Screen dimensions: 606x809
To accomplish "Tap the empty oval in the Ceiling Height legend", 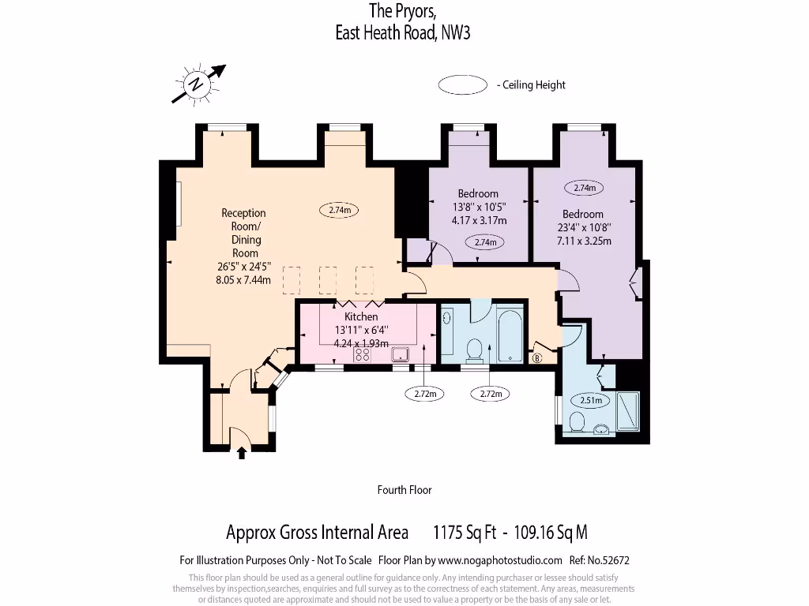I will pyautogui.click(x=462, y=85).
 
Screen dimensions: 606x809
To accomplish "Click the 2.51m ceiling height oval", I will pyautogui.click(x=591, y=400).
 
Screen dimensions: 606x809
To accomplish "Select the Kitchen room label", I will pyautogui.click(x=361, y=316).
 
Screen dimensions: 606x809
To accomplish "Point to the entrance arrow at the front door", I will pyautogui.click(x=242, y=451).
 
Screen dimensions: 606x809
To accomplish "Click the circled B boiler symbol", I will pyautogui.click(x=538, y=359).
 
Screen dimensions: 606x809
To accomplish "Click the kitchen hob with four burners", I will pyautogui.click(x=363, y=354).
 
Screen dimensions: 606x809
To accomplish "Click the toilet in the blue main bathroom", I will pyautogui.click(x=475, y=348).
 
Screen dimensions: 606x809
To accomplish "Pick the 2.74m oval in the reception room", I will pyautogui.click(x=339, y=210).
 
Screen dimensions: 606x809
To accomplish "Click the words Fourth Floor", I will pyautogui.click(x=404, y=490).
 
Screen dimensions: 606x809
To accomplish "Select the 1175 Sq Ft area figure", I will pyautogui.click(x=465, y=533).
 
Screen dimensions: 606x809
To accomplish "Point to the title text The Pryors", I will pyautogui.click(x=402, y=11).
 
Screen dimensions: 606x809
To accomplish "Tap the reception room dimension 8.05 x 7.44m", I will pyautogui.click(x=243, y=279).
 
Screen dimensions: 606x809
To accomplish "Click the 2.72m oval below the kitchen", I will pyautogui.click(x=425, y=393).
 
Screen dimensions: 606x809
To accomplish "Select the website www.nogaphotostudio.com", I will pyautogui.click(x=500, y=561).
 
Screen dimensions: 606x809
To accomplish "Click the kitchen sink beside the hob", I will pyautogui.click(x=400, y=353).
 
